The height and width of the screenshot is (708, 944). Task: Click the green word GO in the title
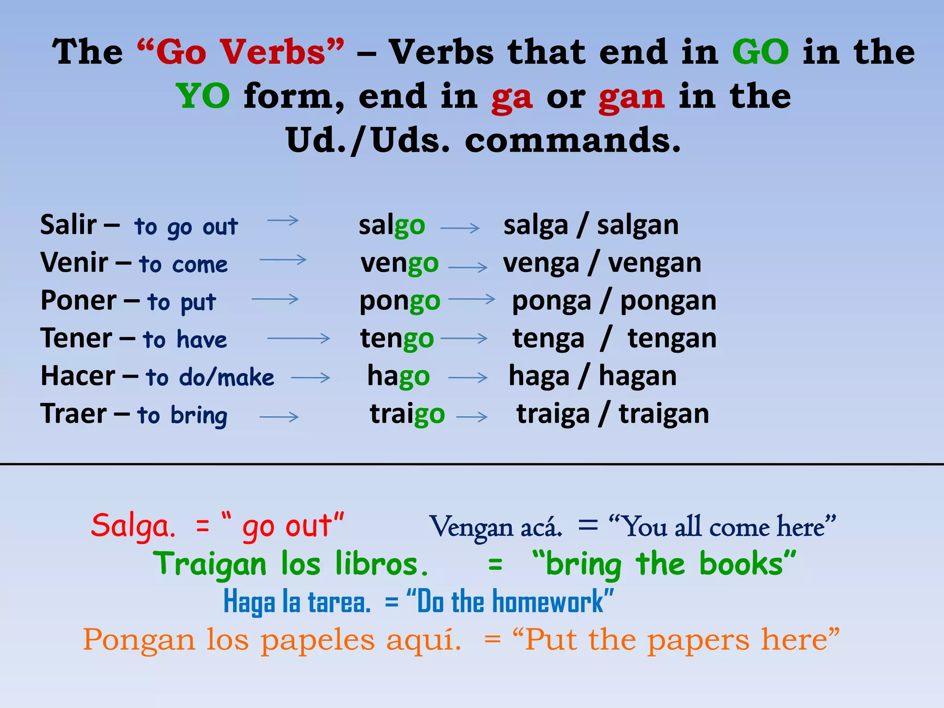pyautogui.click(x=761, y=52)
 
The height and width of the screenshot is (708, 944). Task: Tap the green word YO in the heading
pyautogui.click(x=203, y=96)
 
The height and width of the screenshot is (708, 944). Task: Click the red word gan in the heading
pyautogui.click(x=631, y=96)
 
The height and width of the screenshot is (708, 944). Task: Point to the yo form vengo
pyautogui.click(x=399, y=264)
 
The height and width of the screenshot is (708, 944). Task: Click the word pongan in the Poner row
pyautogui.click(x=668, y=301)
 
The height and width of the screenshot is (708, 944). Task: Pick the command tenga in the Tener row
pyautogui.click(x=548, y=339)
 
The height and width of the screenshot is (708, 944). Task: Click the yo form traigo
pyautogui.click(x=407, y=414)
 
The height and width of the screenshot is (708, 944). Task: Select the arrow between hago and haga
pyautogui.click(x=467, y=378)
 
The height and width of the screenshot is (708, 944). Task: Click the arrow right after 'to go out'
pyautogui.click(x=283, y=221)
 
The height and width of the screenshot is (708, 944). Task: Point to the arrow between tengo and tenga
pyautogui.click(x=463, y=339)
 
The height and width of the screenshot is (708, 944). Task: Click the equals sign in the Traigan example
pyautogui.click(x=495, y=564)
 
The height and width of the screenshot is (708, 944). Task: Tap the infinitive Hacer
pyautogui.click(x=78, y=376)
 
